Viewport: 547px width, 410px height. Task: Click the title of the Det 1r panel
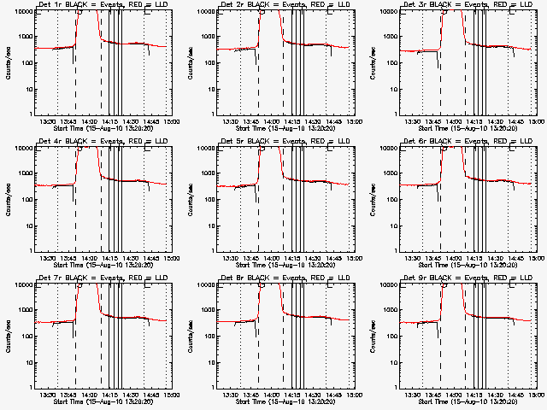(102, 6)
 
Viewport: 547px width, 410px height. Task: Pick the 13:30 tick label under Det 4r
(48, 258)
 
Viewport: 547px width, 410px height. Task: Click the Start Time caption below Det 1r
(102, 129)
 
